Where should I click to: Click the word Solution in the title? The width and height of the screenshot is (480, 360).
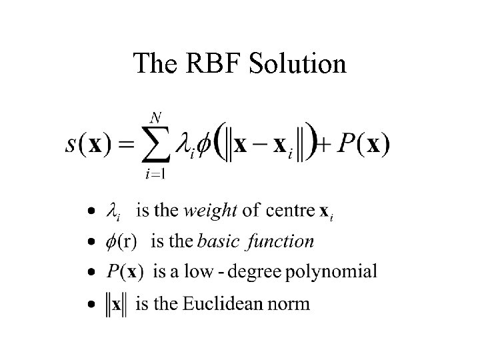[x=297, y=64]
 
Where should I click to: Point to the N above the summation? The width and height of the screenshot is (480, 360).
[x=155, y=118]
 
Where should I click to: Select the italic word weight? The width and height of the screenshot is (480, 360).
[x=210, y=211]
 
